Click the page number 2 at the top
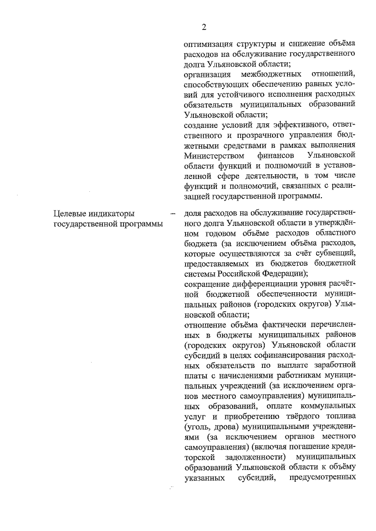204,26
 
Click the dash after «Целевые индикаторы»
172,212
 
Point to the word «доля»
193,212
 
